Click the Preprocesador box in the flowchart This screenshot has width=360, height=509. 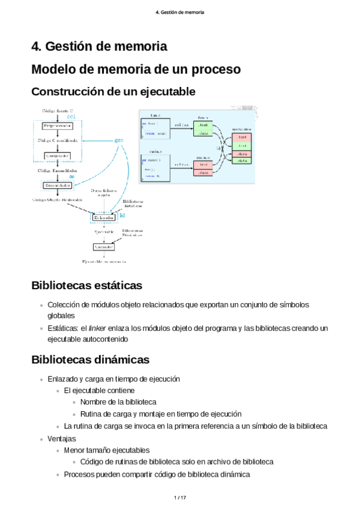click(x=57, y=125)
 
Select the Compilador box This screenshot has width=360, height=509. click(x=57, y=155)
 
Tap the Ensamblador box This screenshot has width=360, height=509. click(x=57, y=185)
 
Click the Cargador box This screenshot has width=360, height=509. click(x=103, y=247)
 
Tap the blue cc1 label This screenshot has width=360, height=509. click(x=71, y=116)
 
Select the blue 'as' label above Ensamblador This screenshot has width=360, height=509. click(x=71, y=177)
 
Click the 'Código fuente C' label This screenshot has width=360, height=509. click(x=58, y=111)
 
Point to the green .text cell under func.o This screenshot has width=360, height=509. click(x=203, y=125)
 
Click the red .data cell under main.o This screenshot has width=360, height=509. click(x=203, y=173)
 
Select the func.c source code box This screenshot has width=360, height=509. click(x=155, y=128)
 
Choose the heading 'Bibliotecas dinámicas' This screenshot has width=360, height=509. click(x=90, y=360)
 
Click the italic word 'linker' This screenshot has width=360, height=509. click(x=97, y=328)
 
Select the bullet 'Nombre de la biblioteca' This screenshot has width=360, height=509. click(x=118, y=402)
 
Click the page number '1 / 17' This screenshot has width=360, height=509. click(x=180, y=498)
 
